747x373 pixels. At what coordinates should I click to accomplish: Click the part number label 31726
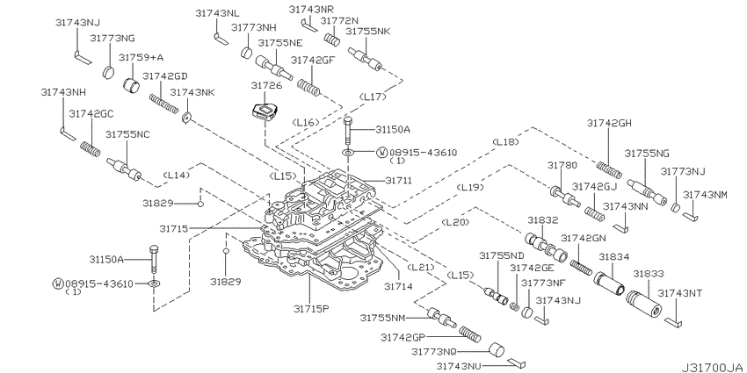point(267,86)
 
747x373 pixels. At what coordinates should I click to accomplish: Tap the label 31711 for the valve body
point(398,181)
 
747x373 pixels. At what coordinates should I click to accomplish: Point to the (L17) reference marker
point(373,97)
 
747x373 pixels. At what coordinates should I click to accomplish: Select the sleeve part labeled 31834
point(609,283)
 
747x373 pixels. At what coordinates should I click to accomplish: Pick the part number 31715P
point(311,308)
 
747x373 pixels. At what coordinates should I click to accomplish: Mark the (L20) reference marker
point(455,222)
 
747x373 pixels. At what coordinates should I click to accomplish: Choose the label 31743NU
point(460,365)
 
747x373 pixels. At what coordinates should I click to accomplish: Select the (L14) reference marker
point(177,175)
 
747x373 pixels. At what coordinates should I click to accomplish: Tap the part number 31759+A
point(141,58)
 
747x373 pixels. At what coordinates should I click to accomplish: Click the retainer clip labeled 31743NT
point(672,322)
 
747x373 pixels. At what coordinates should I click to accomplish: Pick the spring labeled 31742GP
point(470,334)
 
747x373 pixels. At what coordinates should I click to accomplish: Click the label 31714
point(399,286)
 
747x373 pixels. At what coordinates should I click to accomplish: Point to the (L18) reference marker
point(505,142)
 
